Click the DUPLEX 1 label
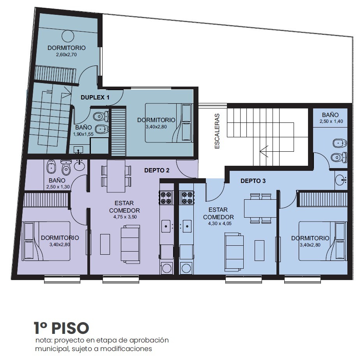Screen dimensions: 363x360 [95, 98]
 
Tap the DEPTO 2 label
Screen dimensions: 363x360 [157, 170]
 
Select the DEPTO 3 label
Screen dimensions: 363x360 [253, 181]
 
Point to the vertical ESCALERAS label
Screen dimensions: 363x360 [217, 131]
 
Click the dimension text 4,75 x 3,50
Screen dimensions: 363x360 [125, 217]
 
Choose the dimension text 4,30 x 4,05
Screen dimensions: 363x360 [220, 223]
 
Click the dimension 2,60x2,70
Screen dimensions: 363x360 [66, 55]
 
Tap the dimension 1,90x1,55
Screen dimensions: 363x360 [83, 134]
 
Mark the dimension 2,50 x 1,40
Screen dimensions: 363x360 [331, 121]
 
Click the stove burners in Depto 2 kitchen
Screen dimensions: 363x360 [166, 197]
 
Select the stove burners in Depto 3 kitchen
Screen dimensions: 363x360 [187, 197]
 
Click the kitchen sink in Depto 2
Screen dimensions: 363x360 [166, 226]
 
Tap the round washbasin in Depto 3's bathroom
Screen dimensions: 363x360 [341, 180]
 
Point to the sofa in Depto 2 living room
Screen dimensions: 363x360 [130, 244]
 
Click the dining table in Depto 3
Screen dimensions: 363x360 [260, 208]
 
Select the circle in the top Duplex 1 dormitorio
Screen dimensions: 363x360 [68, 36]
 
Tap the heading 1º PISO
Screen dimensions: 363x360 [61, 328]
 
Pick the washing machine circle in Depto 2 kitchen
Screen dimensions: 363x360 [166, 268]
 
